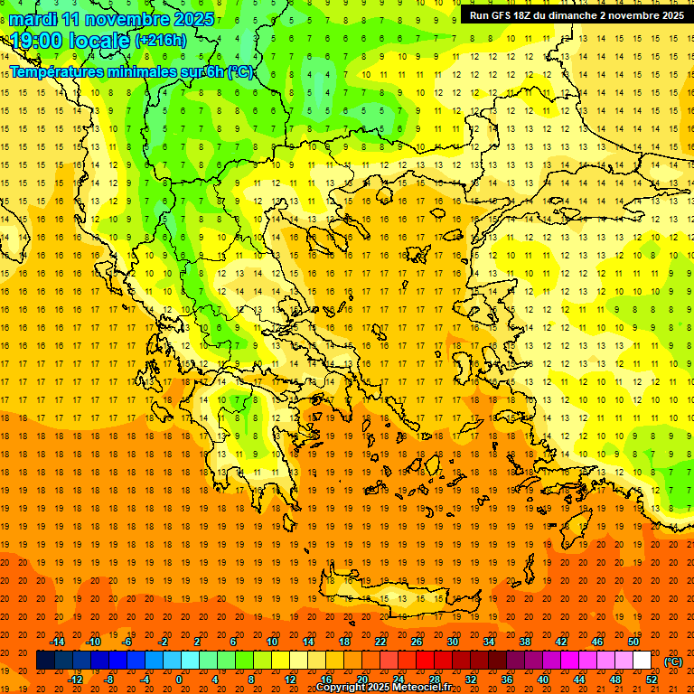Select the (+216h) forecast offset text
(160, 41)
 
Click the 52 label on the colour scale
(651, 679)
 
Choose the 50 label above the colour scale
(633, 642)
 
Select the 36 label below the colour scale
(507, 679)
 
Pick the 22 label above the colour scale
(380, 642)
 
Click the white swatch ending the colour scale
(642, 661)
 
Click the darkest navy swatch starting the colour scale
(45, 661)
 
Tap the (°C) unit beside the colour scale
(673, 661)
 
